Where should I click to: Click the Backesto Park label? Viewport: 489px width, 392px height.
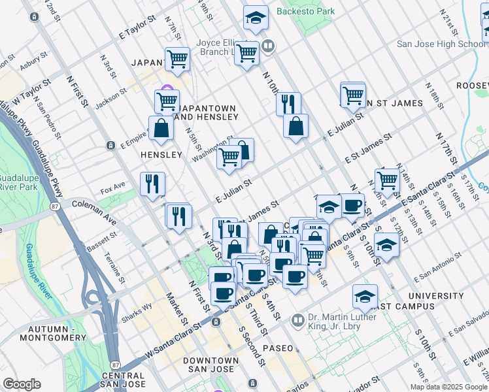point(305,11)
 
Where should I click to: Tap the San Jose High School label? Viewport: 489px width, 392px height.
point(442,44)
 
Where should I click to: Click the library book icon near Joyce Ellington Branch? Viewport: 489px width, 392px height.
point(268,46)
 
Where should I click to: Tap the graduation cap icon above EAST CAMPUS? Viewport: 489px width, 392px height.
point(365,296)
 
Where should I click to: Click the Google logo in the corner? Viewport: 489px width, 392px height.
point(22,384)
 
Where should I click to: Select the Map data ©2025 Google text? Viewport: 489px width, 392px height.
point(448,387)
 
